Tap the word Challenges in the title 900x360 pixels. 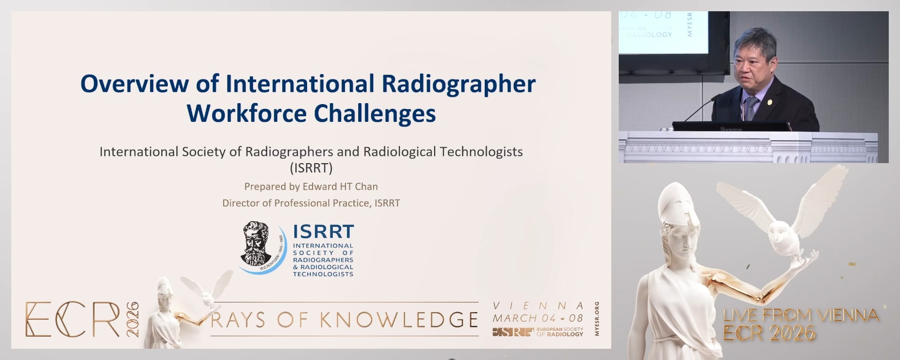click(375, 114)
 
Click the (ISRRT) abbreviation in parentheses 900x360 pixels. click(311, 168)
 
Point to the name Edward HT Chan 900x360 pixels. click(340, 187)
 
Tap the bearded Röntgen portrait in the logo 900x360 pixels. click(256, 244)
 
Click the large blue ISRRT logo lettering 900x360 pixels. click(323, 232)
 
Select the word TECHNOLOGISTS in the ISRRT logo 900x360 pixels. click(323, 274)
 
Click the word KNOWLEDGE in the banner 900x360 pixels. click(399, 320)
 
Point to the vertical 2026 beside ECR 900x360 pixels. click(133, 319)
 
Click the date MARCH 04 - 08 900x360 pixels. click(538, 318)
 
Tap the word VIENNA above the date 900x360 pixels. click(538, 306)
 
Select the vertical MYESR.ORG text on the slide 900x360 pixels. click(597, 319)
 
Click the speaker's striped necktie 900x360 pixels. click(751, 108)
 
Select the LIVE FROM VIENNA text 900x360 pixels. click(801, 315)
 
